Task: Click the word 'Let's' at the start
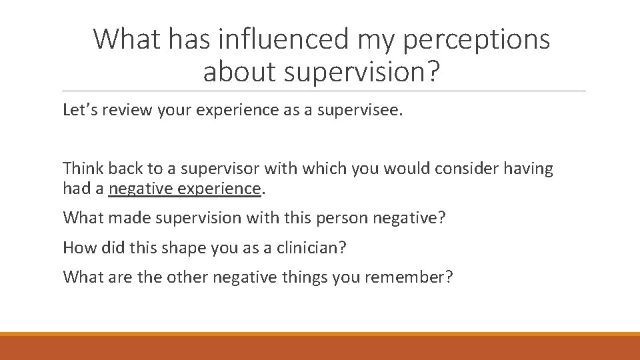pyautogui.click(x=78, y=110)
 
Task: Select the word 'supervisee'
pyautogui.click(x=365, y=110)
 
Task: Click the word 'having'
pyautogui.click(x=529, y=169)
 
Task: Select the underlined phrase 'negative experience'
pyautogui.click(x=185, y=189)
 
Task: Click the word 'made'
pyautogui.click(x=121, y=218)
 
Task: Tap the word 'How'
pyautogui.click(x=77, y=247)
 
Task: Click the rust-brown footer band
pyautogui.click(x=320, y=348)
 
